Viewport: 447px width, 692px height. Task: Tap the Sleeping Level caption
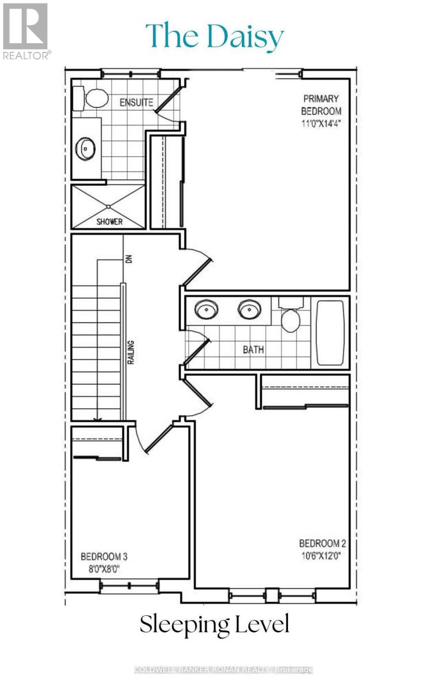(x=214, y=625)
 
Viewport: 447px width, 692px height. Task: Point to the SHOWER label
(x=108, y=222)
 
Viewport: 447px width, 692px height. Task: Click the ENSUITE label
(x=136, y=103)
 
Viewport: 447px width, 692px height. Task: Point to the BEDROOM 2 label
(x=322, y=543)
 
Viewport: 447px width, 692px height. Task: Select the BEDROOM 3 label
(x=104, y=557)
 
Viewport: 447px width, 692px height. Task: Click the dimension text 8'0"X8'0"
(x=104, y=569)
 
